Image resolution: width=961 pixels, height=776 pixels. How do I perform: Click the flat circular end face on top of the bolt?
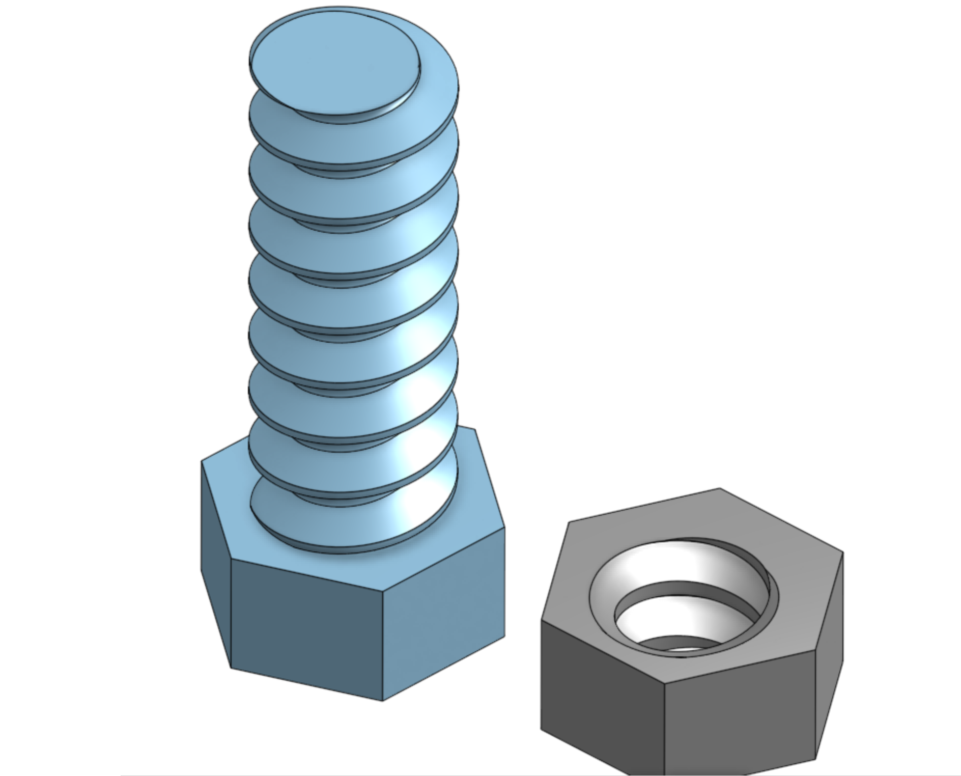[333, 64]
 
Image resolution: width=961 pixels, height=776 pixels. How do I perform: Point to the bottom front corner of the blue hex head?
[382, 701]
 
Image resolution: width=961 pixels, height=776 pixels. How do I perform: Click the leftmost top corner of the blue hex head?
[202, 461]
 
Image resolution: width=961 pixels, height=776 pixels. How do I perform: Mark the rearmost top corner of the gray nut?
[720, 489]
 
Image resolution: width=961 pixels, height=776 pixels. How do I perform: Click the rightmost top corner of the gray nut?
[843, 552]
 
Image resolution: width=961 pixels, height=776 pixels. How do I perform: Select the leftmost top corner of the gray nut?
[541, 620]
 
